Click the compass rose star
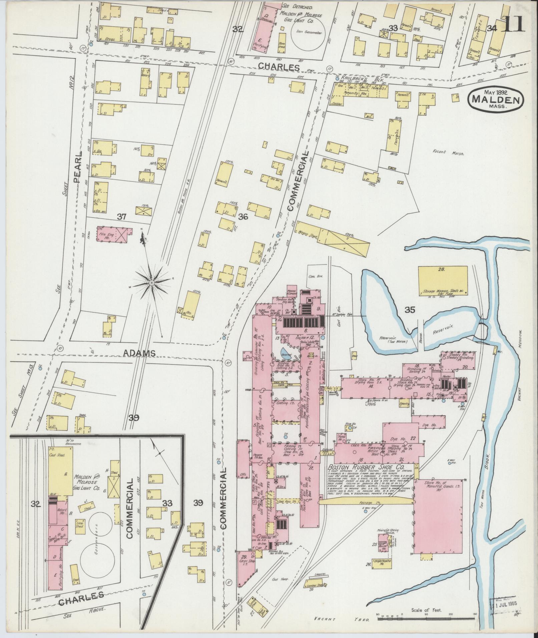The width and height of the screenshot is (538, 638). click(152, 283)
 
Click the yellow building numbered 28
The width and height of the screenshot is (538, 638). click(443, 279)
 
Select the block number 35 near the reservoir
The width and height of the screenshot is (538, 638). click(410, 310)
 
